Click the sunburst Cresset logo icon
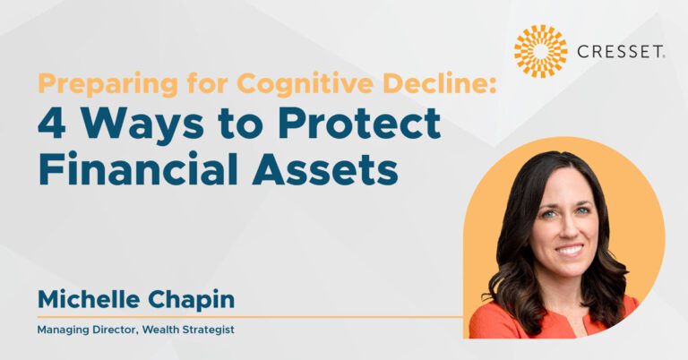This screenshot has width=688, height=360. tap(540, 51)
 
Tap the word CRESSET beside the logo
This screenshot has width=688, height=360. tap(621, 52)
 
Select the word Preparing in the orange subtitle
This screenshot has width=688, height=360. tap(107, 85)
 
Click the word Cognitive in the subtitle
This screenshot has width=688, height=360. tap(306, 85)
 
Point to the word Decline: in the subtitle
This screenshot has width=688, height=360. tap(440, 83)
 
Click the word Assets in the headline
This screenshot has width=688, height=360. tap(325, 169)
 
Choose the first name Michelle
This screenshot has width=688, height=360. tap(89, 299)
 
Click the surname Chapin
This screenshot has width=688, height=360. tap(192, 300)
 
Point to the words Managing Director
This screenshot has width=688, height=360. tap(87, 330)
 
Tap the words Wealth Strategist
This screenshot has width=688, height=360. tap(188, 330)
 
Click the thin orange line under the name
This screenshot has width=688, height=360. tap(250, 317)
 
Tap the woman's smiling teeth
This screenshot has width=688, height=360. tap(570, 250)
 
